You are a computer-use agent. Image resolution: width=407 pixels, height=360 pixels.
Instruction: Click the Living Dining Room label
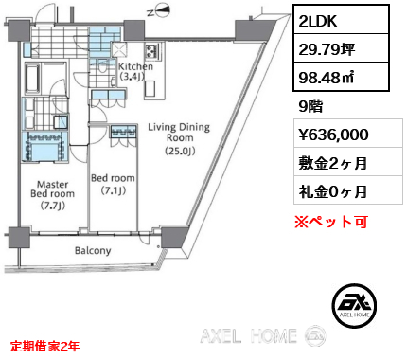click(x=179, y=138)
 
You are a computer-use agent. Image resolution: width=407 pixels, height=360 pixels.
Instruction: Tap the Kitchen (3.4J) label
click(x=135, y=71)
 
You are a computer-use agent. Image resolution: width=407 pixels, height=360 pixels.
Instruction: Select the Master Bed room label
click(x=53, y=194)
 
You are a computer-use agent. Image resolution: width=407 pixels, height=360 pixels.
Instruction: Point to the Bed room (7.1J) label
click(x=113, y=184)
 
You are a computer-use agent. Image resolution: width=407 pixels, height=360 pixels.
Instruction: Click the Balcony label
click(x=93, y=250)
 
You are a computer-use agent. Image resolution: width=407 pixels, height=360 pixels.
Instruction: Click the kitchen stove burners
click(x=151, y=51)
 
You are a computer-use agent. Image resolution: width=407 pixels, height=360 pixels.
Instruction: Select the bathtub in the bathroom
click(x=32, y=79)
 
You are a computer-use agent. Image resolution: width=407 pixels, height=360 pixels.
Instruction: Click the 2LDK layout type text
click(x=318, y=21)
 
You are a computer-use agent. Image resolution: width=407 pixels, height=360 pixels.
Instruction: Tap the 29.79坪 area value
click(x=327, y=49)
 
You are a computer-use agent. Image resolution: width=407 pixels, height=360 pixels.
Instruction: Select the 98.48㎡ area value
click(x=326, y=77)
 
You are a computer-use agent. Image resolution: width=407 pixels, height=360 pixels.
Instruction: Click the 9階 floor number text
click(x=310, y=106)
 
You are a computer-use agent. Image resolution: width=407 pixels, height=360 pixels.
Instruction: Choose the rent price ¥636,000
click(x=333, y=135)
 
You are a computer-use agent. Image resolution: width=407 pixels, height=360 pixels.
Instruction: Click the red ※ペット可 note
click(x=331, y=222)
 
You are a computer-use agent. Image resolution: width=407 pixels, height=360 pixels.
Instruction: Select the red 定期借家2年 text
click(x=44, y=346)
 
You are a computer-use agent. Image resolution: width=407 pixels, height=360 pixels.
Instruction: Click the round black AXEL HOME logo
click(x=354, y=305)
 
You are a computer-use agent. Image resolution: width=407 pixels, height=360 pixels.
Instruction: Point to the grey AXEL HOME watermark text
click(x=248, y=335)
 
